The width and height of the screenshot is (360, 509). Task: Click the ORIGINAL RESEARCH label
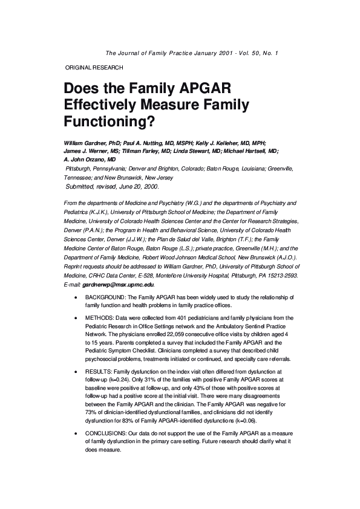[94, 68]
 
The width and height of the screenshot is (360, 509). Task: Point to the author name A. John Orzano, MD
[89, 159]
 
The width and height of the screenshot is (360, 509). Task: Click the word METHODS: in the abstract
[102, 318]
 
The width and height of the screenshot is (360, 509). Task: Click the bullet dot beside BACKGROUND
[74, 299]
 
